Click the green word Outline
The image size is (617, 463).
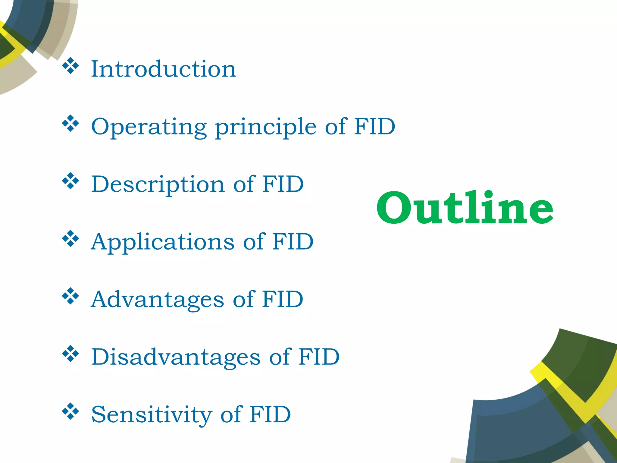click(x=465, y=208)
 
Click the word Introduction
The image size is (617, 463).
click(x=164, y=69)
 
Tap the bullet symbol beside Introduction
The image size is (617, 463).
click(x=70, y=66)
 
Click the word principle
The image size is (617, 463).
click(x=265, y=127)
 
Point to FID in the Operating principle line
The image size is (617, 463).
click(x=374, y=126)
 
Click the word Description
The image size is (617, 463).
click(x=158, y=184)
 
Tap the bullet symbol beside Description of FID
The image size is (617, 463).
click(x=70, y=181)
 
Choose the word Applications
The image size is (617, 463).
click(x=163, y=242)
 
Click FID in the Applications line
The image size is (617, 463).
click(x=293, y=241)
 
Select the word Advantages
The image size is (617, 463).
click(x=158, y=300)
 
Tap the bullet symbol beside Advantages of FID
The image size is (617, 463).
click(x=70, y=296)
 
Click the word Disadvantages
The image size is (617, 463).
click(x=176, y=357)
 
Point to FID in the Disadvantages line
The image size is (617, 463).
click(x=319, y=357)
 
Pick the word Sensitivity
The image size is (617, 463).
click(x=152, y=415)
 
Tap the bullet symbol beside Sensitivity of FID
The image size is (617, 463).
click(x=70, y=411)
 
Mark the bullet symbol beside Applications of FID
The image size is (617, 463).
click(x=70, y=239)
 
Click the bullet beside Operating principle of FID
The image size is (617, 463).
click(x=70, y=124)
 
